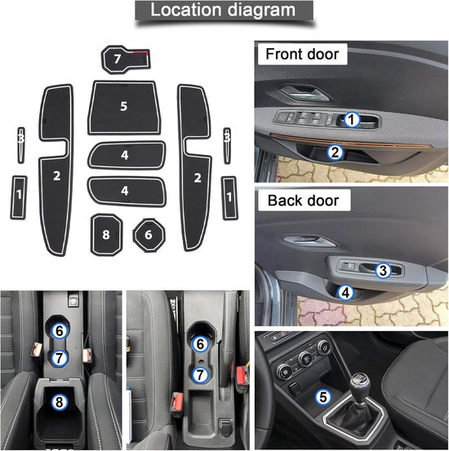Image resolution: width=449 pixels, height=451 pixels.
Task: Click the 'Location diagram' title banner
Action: click(224, 11)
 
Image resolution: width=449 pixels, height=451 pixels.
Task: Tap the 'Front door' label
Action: click(302, 54)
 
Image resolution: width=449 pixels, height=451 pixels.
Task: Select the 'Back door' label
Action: click(304, 201)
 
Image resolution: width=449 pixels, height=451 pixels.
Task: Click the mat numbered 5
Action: click(124, 107)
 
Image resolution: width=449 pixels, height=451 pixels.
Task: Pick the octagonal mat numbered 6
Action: click(149, 235)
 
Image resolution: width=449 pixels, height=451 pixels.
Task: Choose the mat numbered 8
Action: click(106, 235)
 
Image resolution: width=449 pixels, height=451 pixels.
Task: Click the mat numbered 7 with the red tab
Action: click(125, 60)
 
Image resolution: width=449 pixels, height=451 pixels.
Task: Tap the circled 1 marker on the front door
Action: click(352, 119)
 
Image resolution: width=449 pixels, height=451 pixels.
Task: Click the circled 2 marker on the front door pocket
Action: click(335, 152)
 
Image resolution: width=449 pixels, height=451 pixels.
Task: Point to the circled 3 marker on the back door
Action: click(383, 271)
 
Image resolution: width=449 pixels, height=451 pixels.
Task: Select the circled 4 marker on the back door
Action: click(346, 292)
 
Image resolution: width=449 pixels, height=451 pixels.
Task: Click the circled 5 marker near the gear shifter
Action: click(323, 397)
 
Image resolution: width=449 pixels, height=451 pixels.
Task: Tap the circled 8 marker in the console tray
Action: click(60, 402)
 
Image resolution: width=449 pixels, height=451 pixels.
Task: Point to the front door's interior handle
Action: click(305, 93)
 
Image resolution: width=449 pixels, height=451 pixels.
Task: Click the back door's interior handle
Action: click(309, 241)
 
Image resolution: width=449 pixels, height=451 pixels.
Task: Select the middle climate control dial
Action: click(305, 358)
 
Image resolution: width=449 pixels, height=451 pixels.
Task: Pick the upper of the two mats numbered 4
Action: click(127, 155)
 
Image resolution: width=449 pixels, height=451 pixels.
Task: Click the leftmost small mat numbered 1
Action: click(19, 197)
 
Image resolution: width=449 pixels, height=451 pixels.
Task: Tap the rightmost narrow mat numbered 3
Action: click(227, 145)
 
